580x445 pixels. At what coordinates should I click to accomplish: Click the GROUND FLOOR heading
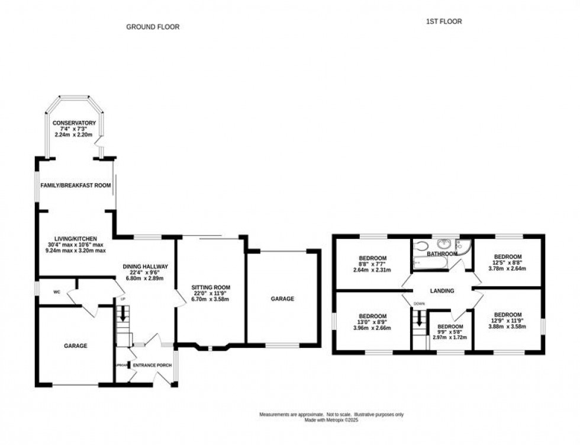tap(153, 27)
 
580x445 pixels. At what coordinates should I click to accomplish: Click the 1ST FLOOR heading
tap(444, 21)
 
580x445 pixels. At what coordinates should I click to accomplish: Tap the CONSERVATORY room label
tap(74, 123)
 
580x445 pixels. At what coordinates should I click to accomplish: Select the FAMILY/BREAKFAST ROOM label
tap(76, 185)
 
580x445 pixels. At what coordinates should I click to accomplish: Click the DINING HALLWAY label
tap(146, 266)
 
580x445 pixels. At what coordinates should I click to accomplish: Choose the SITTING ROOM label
tap(211, 287)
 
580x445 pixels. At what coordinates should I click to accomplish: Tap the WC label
tap(57, 292)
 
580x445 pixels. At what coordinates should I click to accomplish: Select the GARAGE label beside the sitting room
tap(282, 299)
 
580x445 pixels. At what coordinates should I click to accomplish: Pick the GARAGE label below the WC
tap(76, 345)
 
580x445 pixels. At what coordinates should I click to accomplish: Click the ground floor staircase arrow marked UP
tap(123, 316)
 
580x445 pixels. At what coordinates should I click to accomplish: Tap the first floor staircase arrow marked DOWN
tap(420, 319)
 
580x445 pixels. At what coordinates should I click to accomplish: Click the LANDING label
tap(442, 291)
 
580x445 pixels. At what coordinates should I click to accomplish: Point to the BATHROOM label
tap(442, 254)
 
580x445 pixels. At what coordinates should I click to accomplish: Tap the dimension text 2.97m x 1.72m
tap(450, 337)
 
